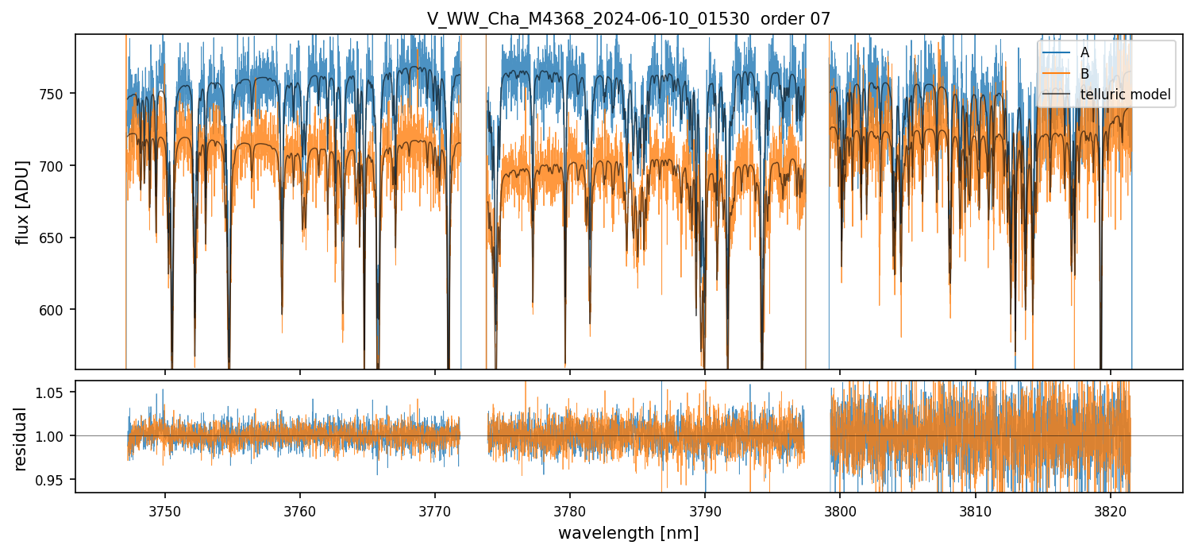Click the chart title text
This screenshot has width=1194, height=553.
coord(628,19)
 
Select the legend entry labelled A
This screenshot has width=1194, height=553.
coord(1084,52)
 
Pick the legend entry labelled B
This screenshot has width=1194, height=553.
coord(1084,74)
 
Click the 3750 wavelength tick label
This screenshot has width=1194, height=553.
coord(165,509)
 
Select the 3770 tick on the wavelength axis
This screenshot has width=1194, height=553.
coord(435,509)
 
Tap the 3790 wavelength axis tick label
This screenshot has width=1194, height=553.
coord(705,509)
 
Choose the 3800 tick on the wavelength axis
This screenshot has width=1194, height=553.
coord(840,509)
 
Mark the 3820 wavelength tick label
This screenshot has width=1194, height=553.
coord(1110,509)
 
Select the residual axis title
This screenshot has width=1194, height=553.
coord(22,439)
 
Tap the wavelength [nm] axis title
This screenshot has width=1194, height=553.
coord(628,532)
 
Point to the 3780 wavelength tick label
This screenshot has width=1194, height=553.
coord(570,509)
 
